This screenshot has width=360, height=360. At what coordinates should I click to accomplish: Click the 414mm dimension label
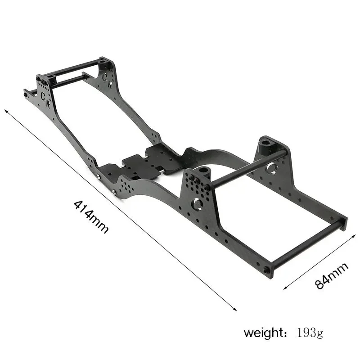(91, 216)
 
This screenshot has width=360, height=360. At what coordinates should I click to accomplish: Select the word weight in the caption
(263, 333)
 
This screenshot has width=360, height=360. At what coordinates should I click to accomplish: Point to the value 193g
(310, 333)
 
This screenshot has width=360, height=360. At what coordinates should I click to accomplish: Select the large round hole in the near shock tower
(197, 204)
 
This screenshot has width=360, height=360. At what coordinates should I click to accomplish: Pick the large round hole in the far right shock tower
(271, 169)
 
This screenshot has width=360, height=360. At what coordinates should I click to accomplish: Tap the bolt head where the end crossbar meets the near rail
(267, 270)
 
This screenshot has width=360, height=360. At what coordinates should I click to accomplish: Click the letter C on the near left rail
(43, 95)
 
